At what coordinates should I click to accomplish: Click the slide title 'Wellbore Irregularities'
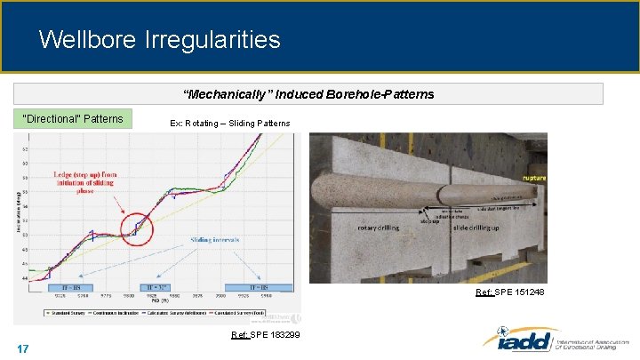pyautogui.click(x=159, y=40)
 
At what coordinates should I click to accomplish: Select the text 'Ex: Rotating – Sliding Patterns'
pyautogui.click(x=229, y=123)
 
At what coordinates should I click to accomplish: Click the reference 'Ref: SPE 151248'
pyautogui.click(x=510, y=292)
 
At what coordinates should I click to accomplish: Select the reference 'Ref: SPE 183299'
pyautogui.click(x=265, y=335)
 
